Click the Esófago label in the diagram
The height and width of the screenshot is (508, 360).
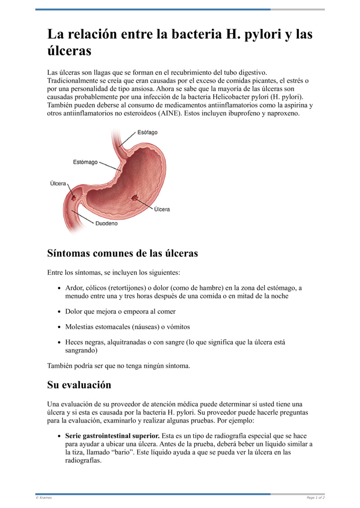[147, 133]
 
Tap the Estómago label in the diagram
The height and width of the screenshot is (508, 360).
[85, 162]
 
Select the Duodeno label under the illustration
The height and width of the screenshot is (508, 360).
[106, 223]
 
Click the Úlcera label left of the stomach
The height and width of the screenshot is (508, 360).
[58, 183]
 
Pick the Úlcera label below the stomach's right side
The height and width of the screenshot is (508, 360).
[162, 209]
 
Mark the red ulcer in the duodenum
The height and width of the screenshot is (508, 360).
[73, 196]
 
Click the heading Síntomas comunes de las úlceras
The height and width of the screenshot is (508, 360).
[122, 253]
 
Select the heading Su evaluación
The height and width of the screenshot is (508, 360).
[79, 385]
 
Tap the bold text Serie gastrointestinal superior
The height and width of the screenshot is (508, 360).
[112, 436]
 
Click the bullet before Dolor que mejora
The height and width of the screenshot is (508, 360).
[60, 312]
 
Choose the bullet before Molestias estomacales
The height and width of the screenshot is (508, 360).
[60, 327]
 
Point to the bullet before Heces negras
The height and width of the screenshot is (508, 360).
[60, 342]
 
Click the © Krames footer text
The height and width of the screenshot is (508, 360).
[44, 498]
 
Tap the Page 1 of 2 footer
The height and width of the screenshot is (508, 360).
[315, 498]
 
